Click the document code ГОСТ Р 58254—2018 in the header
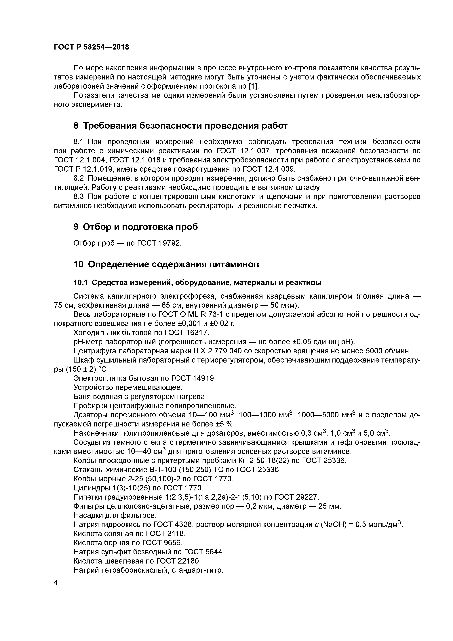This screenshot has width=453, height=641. click(91, 47)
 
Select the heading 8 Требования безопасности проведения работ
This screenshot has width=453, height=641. click(180, 126)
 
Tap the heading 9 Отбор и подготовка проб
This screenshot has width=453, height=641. click(136, 227)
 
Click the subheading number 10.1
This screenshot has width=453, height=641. click(80, 283)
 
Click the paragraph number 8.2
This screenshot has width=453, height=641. click(79, 178)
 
